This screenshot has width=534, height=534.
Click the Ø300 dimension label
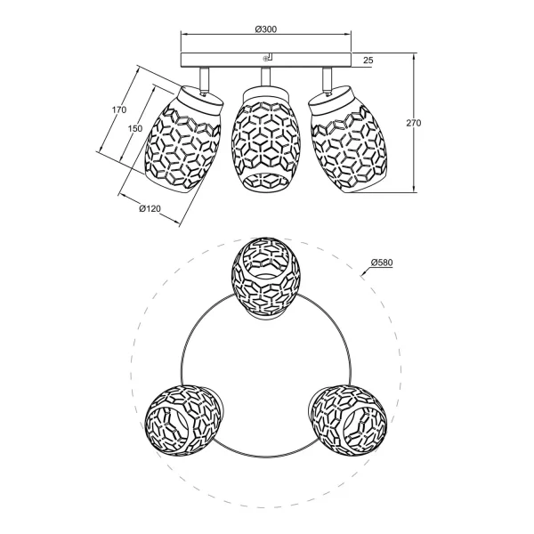(266, 29)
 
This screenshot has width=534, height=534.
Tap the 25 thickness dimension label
(368, 61)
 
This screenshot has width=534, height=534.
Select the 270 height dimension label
(414, 123)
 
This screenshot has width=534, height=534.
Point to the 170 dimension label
(119, 109)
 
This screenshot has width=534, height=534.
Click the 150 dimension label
(135, 128)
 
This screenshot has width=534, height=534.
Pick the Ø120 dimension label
(150, 208)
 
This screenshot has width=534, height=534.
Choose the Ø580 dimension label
(382, 263)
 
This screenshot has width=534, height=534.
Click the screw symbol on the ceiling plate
(265, 59)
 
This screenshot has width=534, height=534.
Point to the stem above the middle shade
(265, 77)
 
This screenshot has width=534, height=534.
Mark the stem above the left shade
(205, 79)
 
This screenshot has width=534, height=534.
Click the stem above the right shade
(328, 79)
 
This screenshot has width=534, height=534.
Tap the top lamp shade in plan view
(265, 279)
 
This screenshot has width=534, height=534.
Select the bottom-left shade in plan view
(184, 421)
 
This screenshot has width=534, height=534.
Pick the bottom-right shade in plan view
(348, 421)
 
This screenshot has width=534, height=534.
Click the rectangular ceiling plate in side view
(265, 61)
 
